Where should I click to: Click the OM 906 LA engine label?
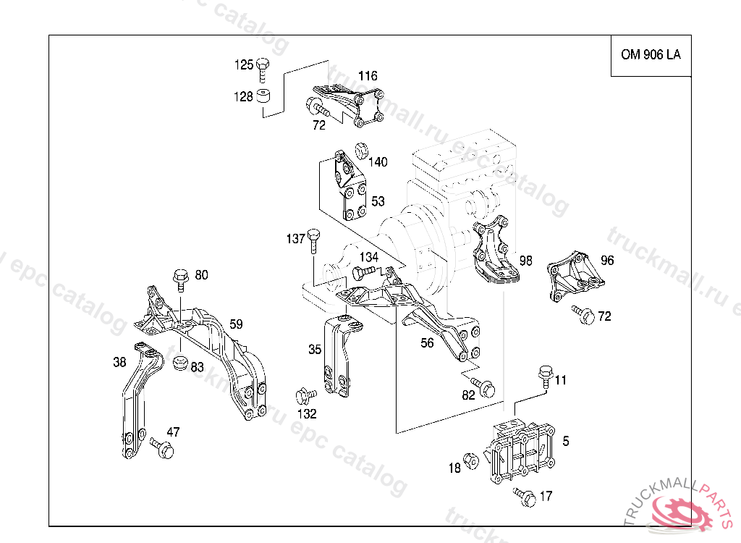(651, 55)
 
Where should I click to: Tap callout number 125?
(244, 65)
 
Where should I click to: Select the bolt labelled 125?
(263, 70)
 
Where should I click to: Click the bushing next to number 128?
(263, 96)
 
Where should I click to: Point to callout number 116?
(368, 76)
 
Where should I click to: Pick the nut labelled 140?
(362, 151)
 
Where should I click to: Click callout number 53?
(378, 201)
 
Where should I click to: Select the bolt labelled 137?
(313, 241)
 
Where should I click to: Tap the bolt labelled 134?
(365, 272)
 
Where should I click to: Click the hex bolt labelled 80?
(180, 281)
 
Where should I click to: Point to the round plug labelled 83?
(180, 363)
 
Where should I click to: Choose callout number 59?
(236, 324)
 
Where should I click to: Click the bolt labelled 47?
(162, 447)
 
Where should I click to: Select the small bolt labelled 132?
(306, 395)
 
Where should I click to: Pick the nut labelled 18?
(471, 460)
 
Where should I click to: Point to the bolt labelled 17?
(525, 497)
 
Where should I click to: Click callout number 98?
(525, 261)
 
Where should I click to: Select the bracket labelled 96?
(575, 277)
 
